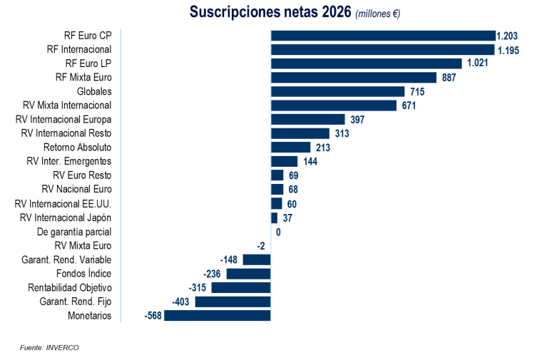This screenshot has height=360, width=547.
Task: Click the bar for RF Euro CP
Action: click(383, 36)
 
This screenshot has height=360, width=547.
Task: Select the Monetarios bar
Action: click(218, 316)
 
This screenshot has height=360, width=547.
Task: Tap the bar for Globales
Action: click(337, 92)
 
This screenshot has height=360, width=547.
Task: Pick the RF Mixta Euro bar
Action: click(354, 78)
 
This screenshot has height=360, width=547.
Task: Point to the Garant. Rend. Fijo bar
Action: click(232, 302)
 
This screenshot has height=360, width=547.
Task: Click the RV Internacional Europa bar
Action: click(307, 120)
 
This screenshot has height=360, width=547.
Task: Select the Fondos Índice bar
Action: click(248, 274)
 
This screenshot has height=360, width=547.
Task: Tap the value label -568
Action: click(153, 316)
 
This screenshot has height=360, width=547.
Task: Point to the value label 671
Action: click(409, 106)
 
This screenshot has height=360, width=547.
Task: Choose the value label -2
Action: click(261, 246)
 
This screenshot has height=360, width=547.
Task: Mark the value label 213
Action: click(323, 148)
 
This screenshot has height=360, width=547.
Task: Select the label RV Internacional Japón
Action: click(66, 217)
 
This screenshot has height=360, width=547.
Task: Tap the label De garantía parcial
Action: click(74, 232)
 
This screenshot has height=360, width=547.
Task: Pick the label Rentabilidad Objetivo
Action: click(70, 288)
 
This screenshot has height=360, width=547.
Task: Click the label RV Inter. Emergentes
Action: click(69, 162)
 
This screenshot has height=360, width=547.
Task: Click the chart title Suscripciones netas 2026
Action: click(270, 13)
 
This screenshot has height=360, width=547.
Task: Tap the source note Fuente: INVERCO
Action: click(49, 347)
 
